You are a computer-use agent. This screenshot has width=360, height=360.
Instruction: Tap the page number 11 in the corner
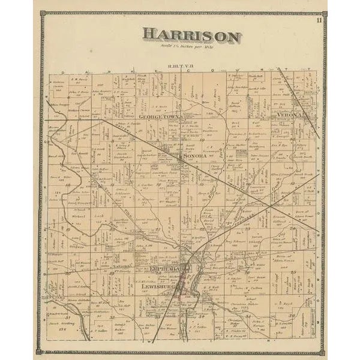tap(320, 21)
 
